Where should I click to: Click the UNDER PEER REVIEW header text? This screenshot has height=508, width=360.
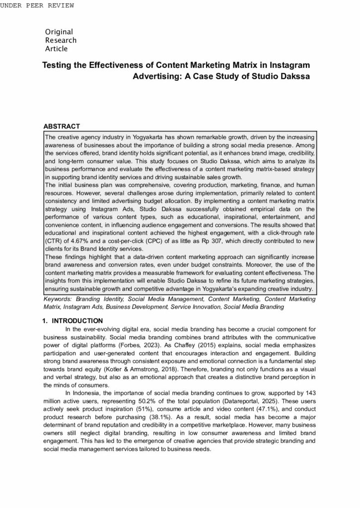(x=37, y=5)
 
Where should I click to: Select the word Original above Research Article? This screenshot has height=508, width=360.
(x=59, y=32)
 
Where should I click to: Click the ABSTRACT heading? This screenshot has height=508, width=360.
(x=62, y=127)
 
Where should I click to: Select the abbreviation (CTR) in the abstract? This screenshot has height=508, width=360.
(x=53, y=241)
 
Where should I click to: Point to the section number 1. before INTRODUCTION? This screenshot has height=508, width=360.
(x=46, y=321)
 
